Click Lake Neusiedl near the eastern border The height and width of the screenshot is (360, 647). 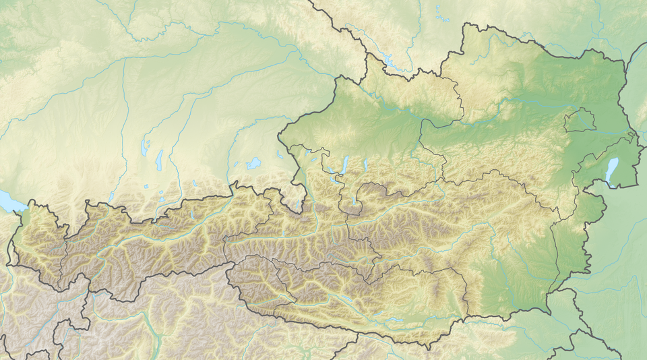click(611, 171)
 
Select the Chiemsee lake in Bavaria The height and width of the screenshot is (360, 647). click(253, 163)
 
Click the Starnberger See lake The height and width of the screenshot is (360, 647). click(160, 160)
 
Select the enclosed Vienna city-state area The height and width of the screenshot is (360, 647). click(580, 121)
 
